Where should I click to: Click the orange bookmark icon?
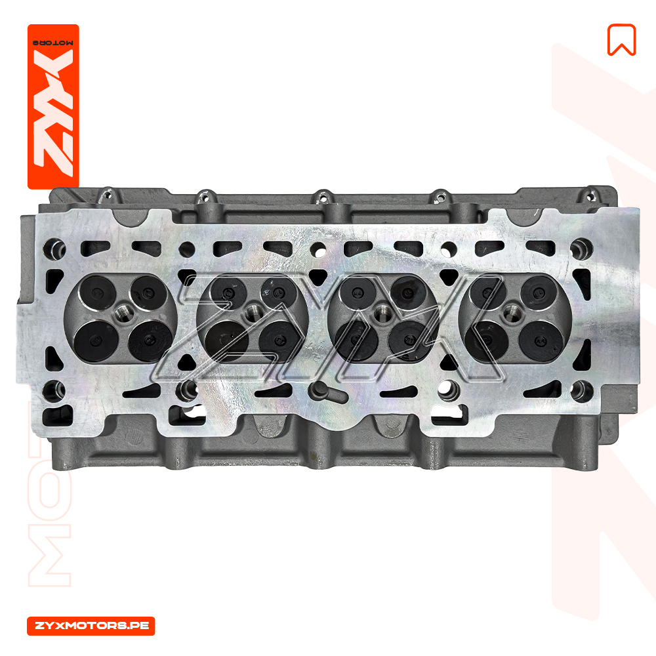[621, 40]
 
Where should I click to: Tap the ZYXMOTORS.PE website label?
[91, 626]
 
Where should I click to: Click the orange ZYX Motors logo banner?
[53, 106]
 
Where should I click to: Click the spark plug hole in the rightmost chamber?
[511, 312]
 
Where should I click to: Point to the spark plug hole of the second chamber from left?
[253, 312]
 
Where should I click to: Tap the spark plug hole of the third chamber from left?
[382, 312]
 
